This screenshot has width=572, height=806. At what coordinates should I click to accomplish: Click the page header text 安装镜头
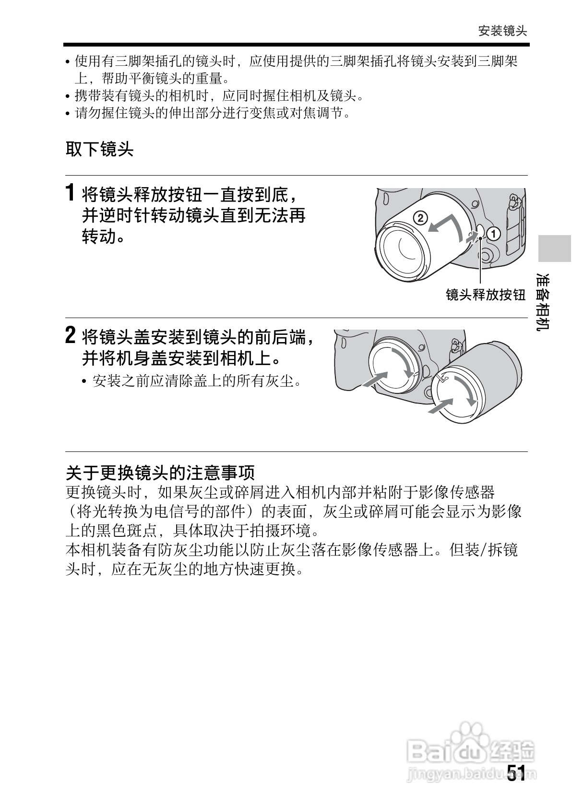(x=502, y=31)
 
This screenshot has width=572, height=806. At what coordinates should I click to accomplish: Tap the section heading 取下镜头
(x=99, y=150)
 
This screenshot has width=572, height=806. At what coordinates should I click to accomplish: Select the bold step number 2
(x=70, y=335)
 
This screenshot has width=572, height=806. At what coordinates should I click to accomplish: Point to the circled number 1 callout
(x=493, y=234)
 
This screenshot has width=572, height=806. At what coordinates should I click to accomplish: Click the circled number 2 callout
(x=419, y=218)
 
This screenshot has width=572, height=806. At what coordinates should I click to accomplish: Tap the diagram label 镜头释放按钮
(x=486, y=295)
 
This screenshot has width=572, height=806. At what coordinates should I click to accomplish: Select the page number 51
(x=516, y=773)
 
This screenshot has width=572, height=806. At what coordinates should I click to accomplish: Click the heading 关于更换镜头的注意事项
(x=160, y=473)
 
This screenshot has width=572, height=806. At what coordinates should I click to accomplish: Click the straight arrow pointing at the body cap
(x=374, y=379)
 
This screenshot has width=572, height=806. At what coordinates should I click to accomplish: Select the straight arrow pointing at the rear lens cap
(x=440, y=406)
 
